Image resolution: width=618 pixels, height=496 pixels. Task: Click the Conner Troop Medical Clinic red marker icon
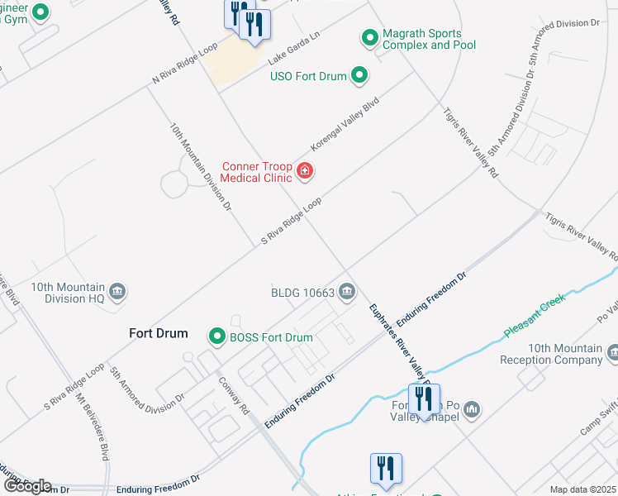pos(305,171)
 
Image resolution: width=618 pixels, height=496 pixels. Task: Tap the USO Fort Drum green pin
pos(359,76)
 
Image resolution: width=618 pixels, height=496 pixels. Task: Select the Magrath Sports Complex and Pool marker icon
pos(369,37)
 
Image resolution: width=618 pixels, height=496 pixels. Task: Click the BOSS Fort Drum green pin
pos(216,336)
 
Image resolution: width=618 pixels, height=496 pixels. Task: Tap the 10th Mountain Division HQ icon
pos(117,291)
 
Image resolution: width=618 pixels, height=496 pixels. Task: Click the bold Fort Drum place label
pos(159,333)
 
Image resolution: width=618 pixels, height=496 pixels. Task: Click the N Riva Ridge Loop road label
pos(188,63)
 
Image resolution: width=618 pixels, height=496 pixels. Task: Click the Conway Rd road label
pos(233,395)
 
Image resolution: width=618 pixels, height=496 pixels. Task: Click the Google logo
pos(27,486)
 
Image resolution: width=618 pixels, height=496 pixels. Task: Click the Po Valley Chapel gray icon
pos(472,409)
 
